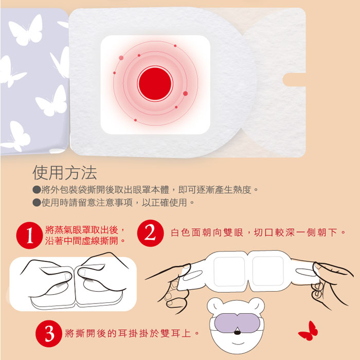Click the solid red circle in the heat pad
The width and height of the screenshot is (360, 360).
(155, 83)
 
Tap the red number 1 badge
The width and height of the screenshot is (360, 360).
(30, 235)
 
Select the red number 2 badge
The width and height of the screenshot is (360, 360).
(150, 233)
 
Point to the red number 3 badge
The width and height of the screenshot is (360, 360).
(49, 333)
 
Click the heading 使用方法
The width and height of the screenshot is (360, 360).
(65, 172)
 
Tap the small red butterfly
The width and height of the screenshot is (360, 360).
(309, 331)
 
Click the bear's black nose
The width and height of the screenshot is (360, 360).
(238, 332)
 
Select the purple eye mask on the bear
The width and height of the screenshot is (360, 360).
(237, 322)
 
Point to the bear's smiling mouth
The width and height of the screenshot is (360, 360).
(238, 344)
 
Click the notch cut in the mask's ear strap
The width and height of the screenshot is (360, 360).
(294, 80)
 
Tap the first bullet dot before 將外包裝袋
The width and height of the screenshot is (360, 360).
(37, 190)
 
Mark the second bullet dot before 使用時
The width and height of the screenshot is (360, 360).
(37, 203)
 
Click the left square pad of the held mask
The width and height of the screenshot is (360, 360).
(229, 272)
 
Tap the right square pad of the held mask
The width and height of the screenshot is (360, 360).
(268, 271)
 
